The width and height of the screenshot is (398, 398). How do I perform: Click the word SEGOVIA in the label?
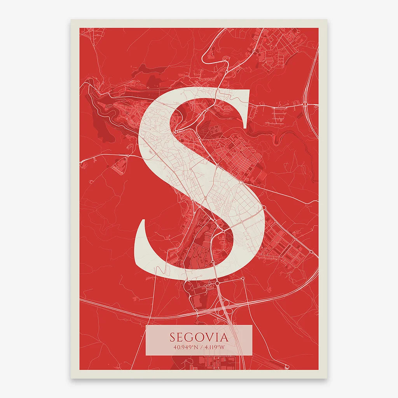pos(199,337)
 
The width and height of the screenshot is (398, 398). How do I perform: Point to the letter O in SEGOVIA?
pos(199,337)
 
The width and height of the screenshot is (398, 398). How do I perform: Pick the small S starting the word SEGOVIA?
pos(172,337)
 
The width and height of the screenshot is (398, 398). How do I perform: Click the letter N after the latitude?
pos(194,347)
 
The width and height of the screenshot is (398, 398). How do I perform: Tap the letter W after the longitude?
pos(222,347)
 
